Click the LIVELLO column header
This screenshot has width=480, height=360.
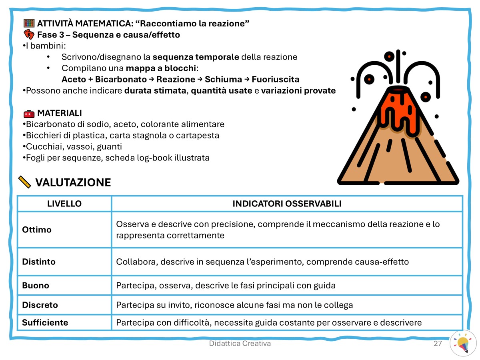pyautogui.click(x=64, y=204)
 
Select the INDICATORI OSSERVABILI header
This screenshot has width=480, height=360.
pyautogui.click(x=287, y=204)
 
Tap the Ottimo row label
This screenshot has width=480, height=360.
pyautogui.click(x=37, y=230)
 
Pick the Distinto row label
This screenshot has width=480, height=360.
pyautogui.click(x=39, y=262)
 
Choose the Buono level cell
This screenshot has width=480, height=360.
pyautogui.click(x=36, y=286)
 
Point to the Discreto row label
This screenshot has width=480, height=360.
pyautogui.click(x=40, y=305)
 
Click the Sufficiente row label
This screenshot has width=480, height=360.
pyautogui.click(x=45, y=322)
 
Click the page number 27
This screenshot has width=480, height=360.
pyautogui.click(x=438, y=344)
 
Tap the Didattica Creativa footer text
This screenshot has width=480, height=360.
pyautogui.click(x=240, y=344)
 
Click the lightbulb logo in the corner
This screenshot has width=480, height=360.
pyautogui.click(x=463, y=343)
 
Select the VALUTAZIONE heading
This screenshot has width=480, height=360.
pyautogui.click(x=73, y=183)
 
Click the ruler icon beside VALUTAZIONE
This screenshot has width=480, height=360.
pyautogui.click(x=25, y=182)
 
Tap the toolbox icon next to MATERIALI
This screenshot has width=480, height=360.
pyautogui.click(x=29, y=113)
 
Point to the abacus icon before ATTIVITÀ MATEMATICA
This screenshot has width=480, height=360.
pyautogui.click(x=29, y=23)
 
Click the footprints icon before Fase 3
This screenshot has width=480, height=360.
pyautogui.click(x=29, y=34)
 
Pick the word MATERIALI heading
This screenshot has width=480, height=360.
pyautogui.click(x=60, y=113)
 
